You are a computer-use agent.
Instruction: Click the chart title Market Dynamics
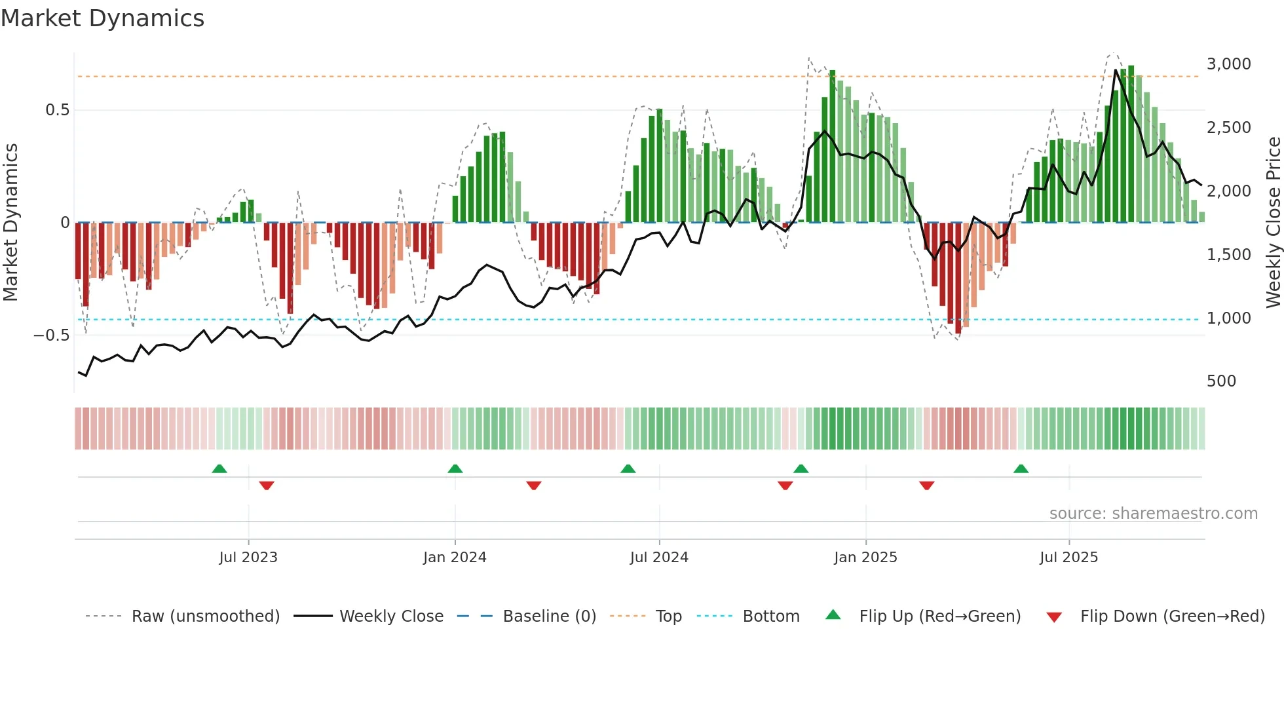(x=102, y=18)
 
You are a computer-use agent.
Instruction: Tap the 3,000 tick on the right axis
(x=1228, y=64)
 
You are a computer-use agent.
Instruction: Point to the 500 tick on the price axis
(x=1221, y=381)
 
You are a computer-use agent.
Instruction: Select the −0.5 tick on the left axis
(x=51, y=335)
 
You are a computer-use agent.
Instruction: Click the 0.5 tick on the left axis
(x=57, y=110)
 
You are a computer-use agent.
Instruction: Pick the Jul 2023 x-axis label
(x=248, y=558)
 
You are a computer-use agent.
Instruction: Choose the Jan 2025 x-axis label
(x=865, y=558)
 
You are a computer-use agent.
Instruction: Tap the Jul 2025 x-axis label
(x=1068, y=558)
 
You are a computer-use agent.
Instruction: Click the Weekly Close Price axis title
(x=1273, y=223)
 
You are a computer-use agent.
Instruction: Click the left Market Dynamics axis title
(x=10, y=223)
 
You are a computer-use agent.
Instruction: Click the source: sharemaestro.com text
(x=1153, y=514)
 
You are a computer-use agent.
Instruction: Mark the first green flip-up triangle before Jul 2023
(x=219, y=469)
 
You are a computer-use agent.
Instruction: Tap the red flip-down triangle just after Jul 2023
(x=267, y=485)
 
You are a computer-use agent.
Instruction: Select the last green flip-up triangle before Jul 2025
(x=1021, y=469)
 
